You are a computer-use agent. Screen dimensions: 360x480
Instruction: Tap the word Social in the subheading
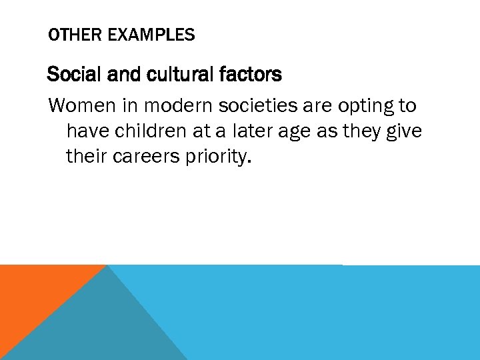(70, 75)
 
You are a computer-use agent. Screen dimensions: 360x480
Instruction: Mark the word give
(404, 132)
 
